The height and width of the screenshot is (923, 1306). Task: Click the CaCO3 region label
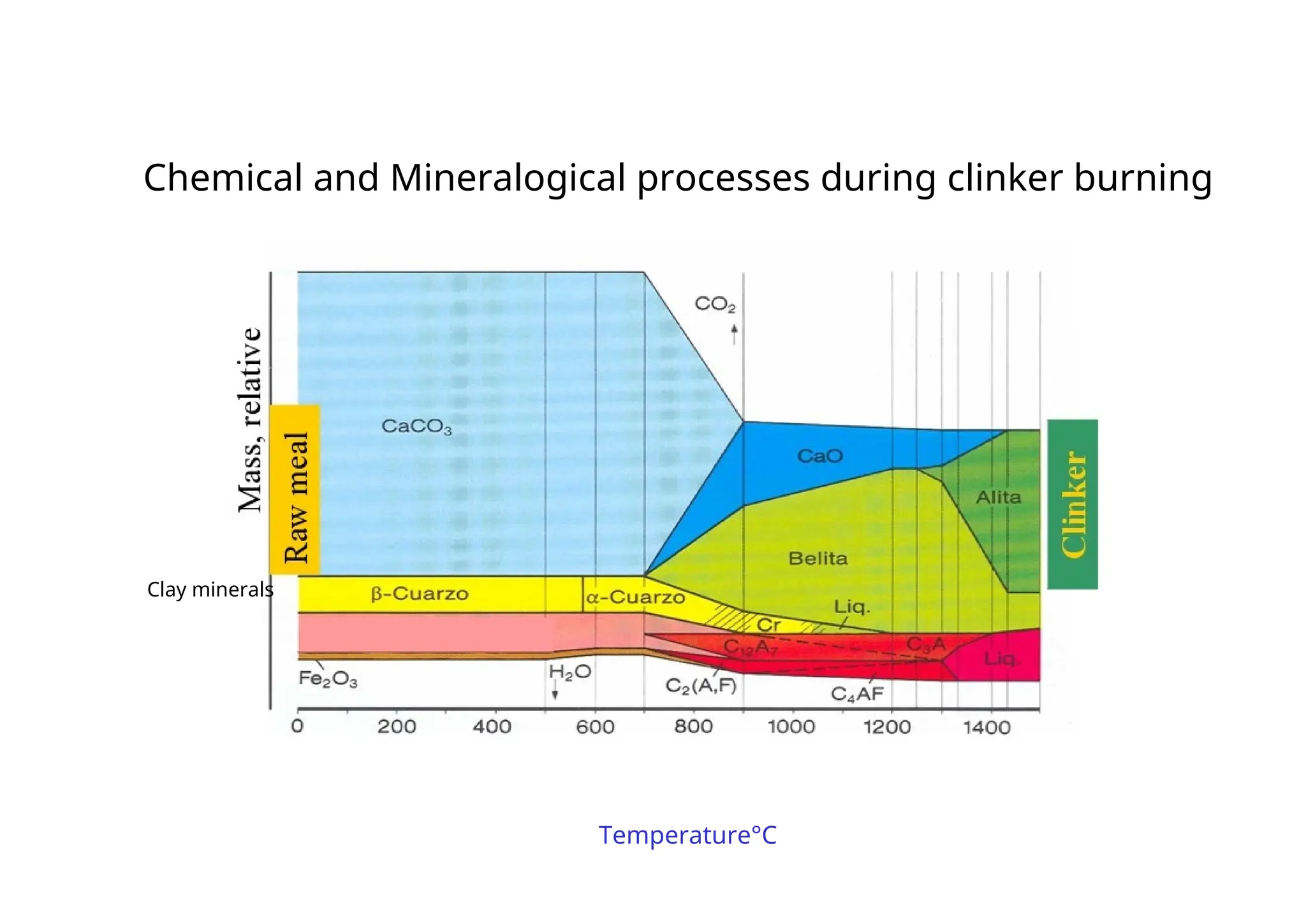pos(416,426)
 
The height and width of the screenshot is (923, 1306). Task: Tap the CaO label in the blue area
pos(820,456)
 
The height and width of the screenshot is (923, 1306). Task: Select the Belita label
pos(818,559)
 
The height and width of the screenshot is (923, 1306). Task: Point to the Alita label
pos(999,497)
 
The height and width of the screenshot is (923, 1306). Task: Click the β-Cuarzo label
pos(420,594)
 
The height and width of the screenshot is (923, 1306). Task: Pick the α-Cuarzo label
pos(635,598)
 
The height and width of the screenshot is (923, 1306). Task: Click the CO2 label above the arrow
pos(715,305)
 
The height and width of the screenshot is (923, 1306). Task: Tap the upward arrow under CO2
pos(734,333)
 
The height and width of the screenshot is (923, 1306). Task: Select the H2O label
pos(570,672)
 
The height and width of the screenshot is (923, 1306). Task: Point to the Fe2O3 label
pos(328,680)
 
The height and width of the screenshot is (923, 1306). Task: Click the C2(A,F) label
pos(701,687)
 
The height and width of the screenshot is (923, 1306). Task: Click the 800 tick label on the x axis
pos(693,727)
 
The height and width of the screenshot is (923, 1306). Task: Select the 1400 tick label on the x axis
pos(986,727)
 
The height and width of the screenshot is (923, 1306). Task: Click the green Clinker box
pos(1073,504)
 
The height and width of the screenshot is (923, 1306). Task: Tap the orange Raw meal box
pos(295,490)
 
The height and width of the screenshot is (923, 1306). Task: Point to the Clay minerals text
pos(210,590)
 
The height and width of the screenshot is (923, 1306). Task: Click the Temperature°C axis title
pos(687,836)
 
